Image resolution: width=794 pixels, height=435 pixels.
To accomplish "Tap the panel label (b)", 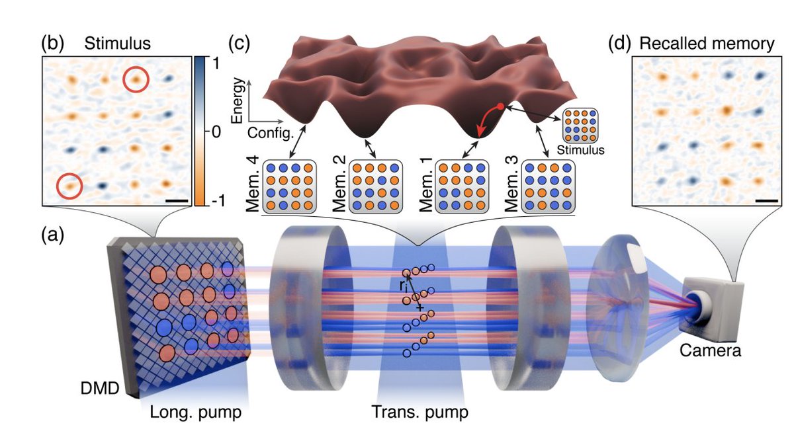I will click(x=52, y=44).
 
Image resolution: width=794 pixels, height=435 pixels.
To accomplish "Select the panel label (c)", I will click(x=240, y=44).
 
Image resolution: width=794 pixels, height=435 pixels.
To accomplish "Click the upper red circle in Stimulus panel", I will click(x=136, y=79).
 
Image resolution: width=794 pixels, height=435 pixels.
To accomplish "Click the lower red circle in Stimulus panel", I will click(x=69, y=185).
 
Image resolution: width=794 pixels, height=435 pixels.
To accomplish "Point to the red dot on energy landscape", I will click(x=501, y=106).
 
